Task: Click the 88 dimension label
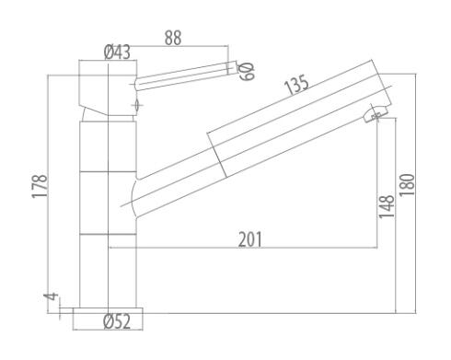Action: [173, 38]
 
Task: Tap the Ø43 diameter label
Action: [117, 52]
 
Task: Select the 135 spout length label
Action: [296, 84]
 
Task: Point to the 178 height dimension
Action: [40, 186]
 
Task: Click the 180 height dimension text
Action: [407, 185]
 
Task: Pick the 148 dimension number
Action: [387, 206]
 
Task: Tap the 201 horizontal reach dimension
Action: [250, 239]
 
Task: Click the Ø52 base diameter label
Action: [117, 321]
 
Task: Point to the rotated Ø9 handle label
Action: [247, 71]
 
